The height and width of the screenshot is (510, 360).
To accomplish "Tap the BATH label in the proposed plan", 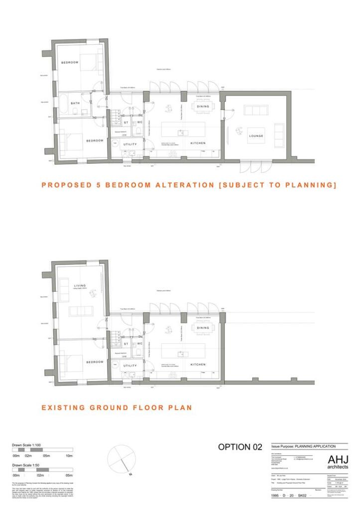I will coord(75,103).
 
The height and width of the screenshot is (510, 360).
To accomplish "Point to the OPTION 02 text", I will coord(240,447).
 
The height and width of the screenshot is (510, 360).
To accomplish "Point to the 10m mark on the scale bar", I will coord(69,456).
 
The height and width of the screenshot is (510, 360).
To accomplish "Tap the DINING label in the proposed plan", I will coord(203,107).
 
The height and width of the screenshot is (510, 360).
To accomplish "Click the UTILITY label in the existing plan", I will coord(129,366).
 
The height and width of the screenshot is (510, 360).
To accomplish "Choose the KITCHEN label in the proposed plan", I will coord(198,143).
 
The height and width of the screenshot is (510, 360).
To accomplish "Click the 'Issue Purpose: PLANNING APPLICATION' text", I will coord(303,446).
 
